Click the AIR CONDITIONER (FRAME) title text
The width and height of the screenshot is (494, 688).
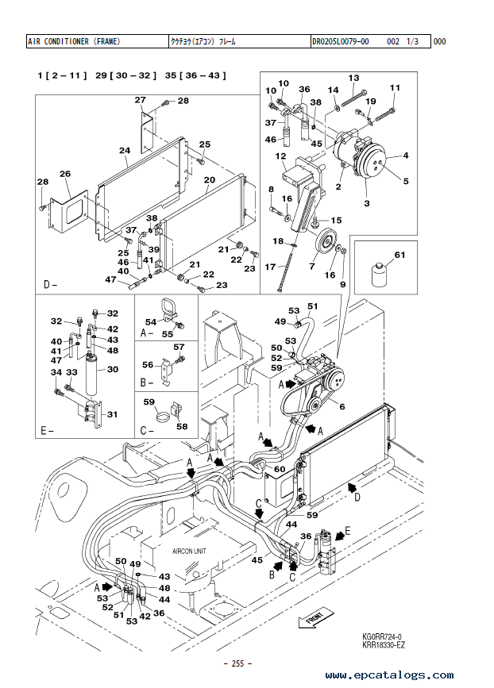click(74, 41)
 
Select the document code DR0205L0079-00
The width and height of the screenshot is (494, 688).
click(342, 41)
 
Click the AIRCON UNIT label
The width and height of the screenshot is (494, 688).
click(191, 549)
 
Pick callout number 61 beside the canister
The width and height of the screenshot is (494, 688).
click(400, 254)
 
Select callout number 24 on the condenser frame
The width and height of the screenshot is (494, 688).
click(125, 150)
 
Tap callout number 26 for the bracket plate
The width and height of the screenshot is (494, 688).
click(65, 174)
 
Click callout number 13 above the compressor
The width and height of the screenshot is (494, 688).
click(354, 78)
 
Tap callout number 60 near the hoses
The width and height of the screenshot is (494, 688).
click(280, 469)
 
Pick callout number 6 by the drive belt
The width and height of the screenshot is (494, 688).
click(342, 406)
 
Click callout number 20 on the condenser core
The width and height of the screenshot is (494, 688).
click(210, 179)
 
